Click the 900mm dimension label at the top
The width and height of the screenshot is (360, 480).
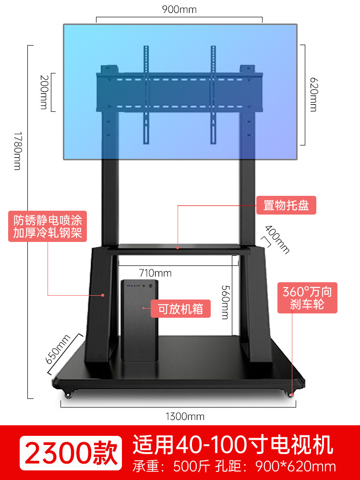coord(180,10)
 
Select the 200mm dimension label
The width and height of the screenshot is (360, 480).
coord(44,92)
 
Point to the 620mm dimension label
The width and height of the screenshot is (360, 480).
coord(313,94)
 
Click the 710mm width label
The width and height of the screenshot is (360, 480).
coord(155,273)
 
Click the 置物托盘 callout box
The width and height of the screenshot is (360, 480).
coord(286,205)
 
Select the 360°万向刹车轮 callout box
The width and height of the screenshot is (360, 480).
coord(307,298)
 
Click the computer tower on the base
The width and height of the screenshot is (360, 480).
coord(140,320)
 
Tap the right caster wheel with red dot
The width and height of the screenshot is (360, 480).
coord(291,394)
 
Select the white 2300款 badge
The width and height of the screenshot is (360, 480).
coord(71,453)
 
